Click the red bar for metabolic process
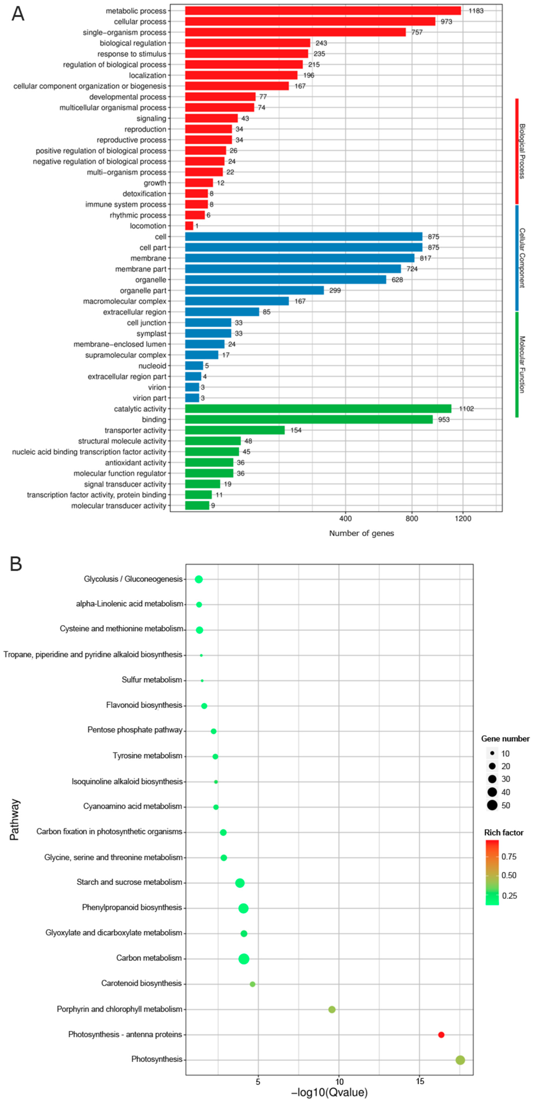pos(323,11)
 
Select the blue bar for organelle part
pos(254,290)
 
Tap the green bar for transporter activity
pos(235,430)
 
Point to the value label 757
pos(417,32)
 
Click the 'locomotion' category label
pos(148,226)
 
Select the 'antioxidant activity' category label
pos(136,462)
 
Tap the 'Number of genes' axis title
pos(361,533)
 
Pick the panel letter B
pos(16,564)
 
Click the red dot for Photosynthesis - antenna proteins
pos(441,1035)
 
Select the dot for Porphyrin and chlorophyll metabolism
pos(332,1009)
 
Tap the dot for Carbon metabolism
pos(244,959)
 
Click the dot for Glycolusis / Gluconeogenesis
pos(199,580)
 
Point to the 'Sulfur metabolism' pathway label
pos(152,680)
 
